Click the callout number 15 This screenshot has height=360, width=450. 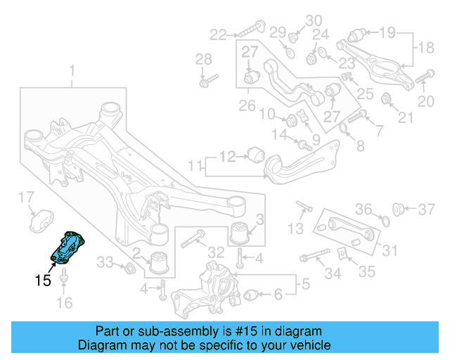pyautogui.click(x=43, y=280)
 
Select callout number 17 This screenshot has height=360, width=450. pyautogui.click(x=25, y=196)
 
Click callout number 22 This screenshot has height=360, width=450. pyautogui.click(x=218, y=33)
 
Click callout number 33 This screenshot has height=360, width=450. pyautogui.click(x=105, y=262)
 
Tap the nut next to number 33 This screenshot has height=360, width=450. pyautogui.click(x=129, y=269)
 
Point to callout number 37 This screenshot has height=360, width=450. pyautogui.click(x=426, y=209)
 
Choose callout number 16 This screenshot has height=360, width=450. pyautogui.click(x=64, y=304)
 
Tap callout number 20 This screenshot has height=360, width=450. pyautogui.click(x=426, y=102)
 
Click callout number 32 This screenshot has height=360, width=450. pyautogui.click(x=216, y=252)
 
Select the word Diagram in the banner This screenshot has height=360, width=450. pyautogui.click(x=101, y=345)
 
